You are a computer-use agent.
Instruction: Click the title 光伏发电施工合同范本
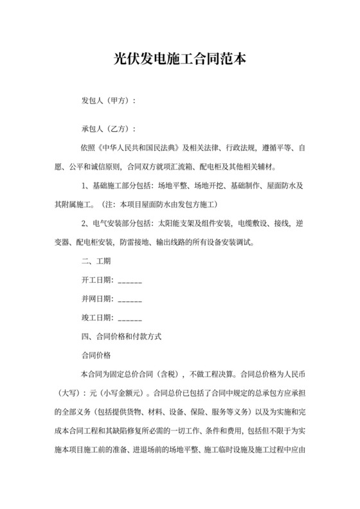click(x=179, y=59)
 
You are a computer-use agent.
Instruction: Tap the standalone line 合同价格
click(x=96, y=355)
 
